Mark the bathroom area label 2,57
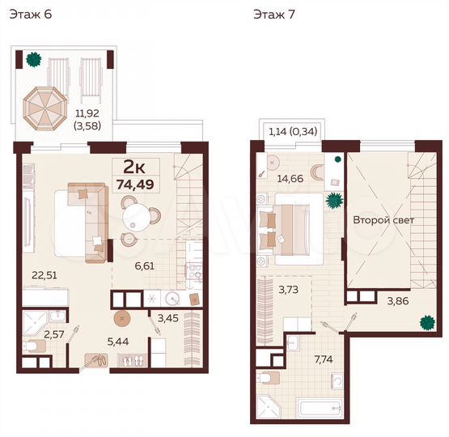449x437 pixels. point(53,333)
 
